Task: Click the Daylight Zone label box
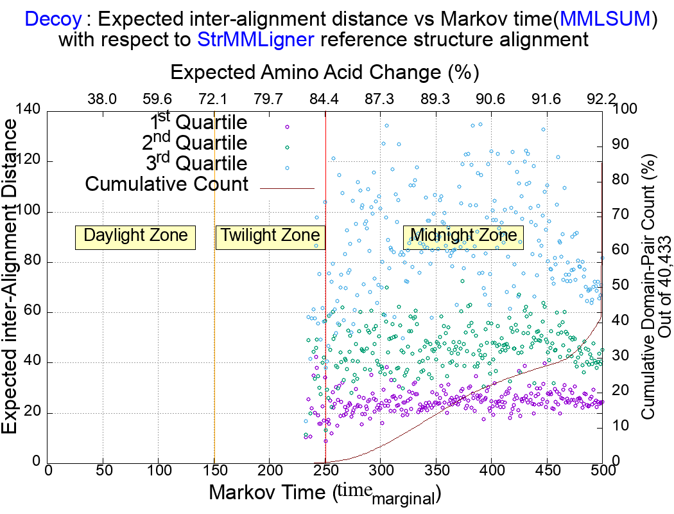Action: (x=135, y=236)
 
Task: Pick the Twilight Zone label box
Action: (x=270, y=236)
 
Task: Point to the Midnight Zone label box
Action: (x=463, y=236)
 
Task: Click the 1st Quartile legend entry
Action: (x=198, y=122)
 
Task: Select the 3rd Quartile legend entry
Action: (x=198, y=163)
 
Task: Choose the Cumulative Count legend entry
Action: (x=167, y=184)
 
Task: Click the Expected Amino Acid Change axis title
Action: (x=325, y=71)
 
